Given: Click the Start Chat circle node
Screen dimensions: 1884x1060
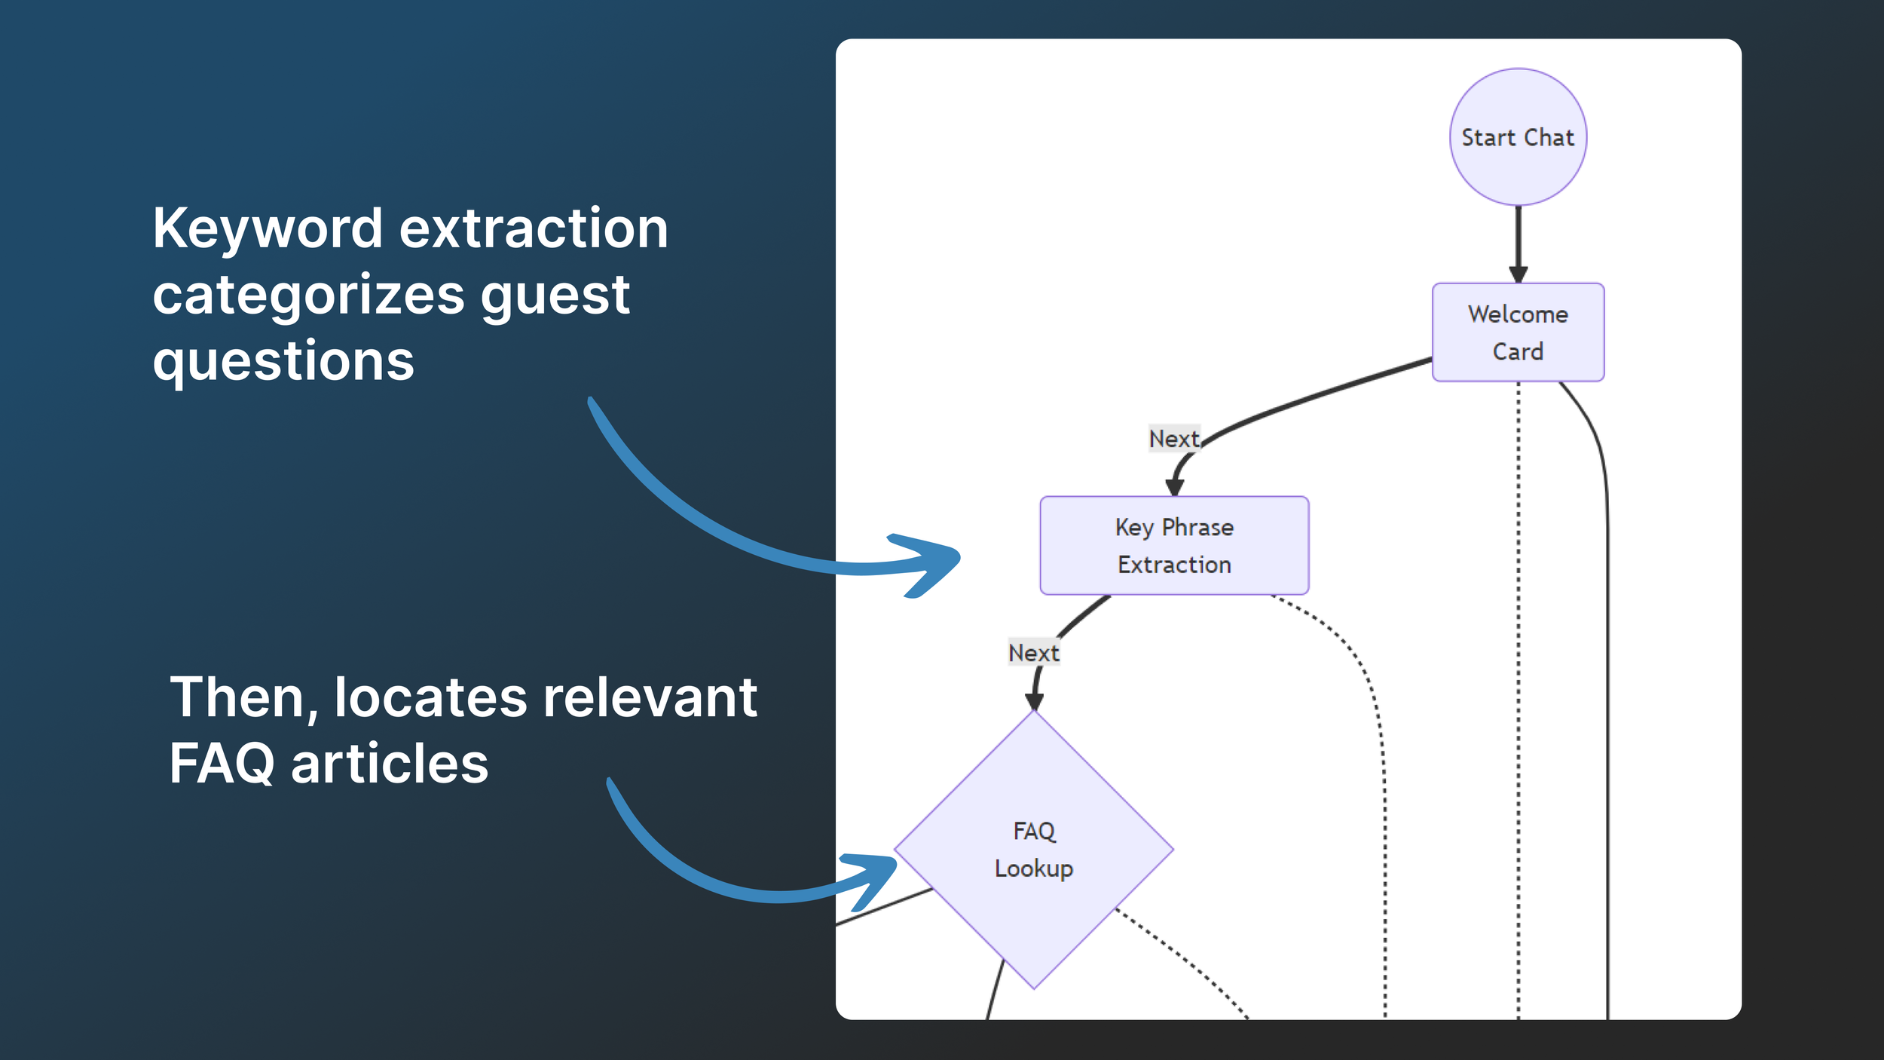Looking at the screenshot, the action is tap(1518, 137).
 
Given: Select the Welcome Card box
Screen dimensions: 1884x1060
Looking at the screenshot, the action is tap(1518, 332).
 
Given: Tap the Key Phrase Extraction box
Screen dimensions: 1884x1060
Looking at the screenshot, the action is tap(1174, 545).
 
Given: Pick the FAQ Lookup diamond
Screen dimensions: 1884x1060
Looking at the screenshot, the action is tap(1034, 850).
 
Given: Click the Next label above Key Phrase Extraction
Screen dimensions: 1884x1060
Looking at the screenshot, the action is tap(1174, 439).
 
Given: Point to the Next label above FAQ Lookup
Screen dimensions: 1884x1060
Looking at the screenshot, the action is tap(1034, 653).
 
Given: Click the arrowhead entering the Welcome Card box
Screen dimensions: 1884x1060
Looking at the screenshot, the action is tap(1518, 274).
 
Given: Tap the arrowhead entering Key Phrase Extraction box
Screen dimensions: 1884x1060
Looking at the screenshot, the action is tap(1174, 488).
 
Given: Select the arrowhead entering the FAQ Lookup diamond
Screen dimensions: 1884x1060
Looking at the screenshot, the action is tap(1034, 701).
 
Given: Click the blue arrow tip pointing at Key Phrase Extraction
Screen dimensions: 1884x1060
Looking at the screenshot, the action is tap(959, 557).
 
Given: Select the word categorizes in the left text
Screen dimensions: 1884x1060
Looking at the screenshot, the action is tap(308, 296).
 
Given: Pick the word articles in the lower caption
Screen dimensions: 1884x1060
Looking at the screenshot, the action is tap(390, 763).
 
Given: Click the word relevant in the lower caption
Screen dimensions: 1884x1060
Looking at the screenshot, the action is tap(650, 697).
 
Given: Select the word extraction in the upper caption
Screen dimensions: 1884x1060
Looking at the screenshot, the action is tap(534, 228).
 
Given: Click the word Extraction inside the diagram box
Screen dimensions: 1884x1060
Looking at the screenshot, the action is tap(1174, 565).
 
